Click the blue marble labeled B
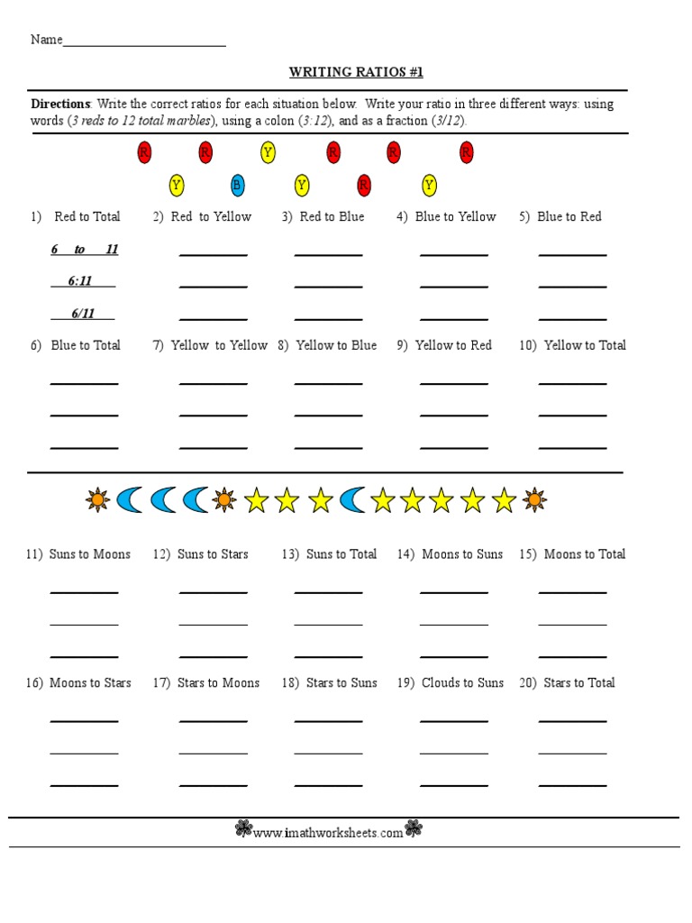[237, 186]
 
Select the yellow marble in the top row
[268, 152]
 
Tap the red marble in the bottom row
[363, 186]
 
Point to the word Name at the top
[47, 40]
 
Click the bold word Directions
[61, 104]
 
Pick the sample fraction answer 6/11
[83, 314]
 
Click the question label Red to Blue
[332, 216]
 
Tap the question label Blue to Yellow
[455, 216]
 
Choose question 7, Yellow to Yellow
[219, 345]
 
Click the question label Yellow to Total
[585, 345]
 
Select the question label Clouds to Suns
[462, 683]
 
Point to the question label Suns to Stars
[213, 554]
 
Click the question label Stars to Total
[578, 683]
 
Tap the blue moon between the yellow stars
[353, 500]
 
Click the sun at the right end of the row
[534, 499]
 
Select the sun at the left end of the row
[97, 499]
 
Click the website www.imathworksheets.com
[328, 834]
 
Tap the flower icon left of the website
[243, 829]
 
